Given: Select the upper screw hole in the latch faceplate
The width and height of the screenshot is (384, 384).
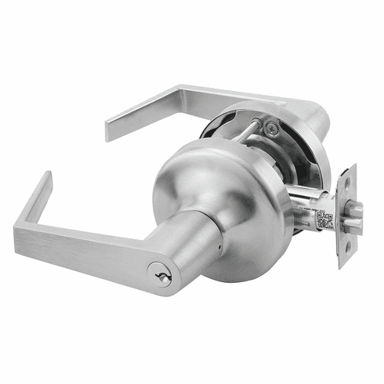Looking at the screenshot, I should click(345, 185).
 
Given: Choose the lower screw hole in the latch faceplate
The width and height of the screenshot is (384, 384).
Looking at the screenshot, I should click(345, 252).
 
